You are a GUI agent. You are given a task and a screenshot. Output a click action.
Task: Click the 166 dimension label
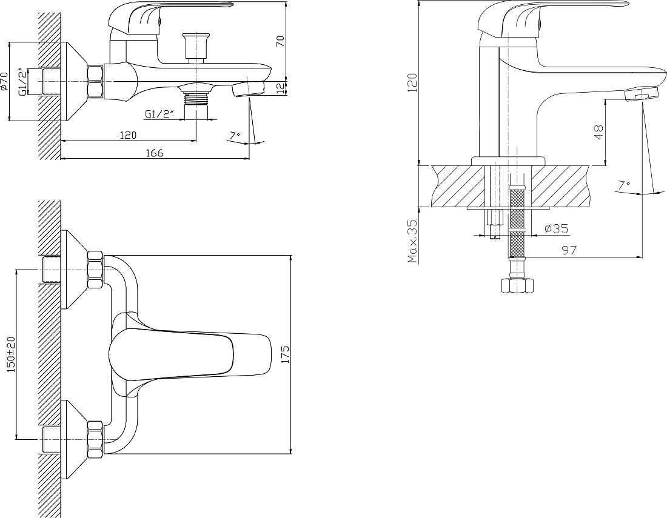[x=154, y=153]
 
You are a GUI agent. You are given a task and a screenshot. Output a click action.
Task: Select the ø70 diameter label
[x=5, y=81]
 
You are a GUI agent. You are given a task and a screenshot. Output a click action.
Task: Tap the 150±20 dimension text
[x=11, y=355]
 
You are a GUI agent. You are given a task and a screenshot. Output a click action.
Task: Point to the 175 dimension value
[x=285, y=354]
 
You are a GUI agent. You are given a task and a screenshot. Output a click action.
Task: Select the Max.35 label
[x=412, y=241]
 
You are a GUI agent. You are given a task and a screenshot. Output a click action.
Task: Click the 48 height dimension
[x=598, y=133]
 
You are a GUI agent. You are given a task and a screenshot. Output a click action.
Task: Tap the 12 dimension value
[x=280, y=88]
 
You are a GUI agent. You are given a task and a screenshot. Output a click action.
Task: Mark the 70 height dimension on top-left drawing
[x=280, y=41]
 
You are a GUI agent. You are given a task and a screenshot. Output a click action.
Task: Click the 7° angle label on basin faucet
[x=624, y=185]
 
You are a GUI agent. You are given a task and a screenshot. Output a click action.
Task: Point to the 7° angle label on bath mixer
[x=235, y=136]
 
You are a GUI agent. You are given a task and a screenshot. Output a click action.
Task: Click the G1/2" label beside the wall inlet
[x=24, y=81]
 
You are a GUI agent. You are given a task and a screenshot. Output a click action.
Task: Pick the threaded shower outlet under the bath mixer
[x=196, y=98]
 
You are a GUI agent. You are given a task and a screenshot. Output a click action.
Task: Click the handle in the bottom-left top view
[x=190, y=354]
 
